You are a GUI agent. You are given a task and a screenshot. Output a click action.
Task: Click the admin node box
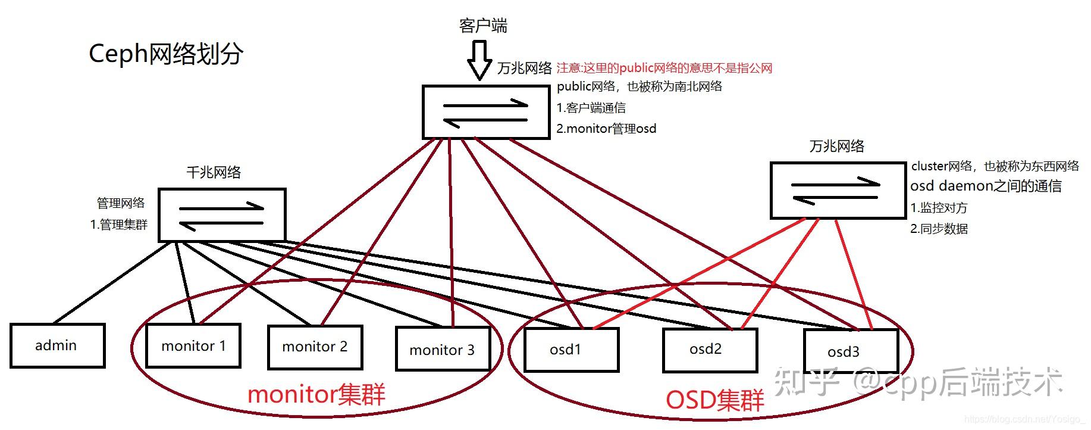(57, 345)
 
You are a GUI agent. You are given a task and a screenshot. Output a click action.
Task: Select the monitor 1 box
(193, 346)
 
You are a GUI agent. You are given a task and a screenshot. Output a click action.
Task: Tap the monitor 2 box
(315, 347)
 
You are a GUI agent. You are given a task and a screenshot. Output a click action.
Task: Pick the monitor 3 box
(442, 350)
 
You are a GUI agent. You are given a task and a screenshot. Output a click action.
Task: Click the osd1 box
(570, 350)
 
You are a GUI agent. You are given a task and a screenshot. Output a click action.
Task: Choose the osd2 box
(709, 349)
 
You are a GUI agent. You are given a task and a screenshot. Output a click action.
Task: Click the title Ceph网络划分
(166, 54)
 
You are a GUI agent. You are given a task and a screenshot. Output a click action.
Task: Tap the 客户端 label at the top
(483, 26)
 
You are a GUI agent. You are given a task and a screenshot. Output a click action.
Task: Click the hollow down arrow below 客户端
(479, 60)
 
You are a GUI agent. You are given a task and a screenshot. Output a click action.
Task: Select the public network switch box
(485, 112)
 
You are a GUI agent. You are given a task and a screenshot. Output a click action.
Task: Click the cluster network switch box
(835, 190)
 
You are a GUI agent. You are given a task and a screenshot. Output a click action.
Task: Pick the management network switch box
(222, 215)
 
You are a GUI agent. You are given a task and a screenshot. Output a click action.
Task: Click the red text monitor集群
(316, 395)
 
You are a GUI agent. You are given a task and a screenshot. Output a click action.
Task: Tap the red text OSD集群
(714, 400)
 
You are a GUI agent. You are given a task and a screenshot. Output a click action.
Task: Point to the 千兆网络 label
(214, 173)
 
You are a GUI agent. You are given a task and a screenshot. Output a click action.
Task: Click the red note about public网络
(664, 68)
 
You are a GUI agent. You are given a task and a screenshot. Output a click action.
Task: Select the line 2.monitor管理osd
(606, 129)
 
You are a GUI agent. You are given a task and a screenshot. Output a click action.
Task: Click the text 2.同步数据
(939, 229)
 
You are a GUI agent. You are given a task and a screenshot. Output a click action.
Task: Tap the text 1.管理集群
(119, 225)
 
